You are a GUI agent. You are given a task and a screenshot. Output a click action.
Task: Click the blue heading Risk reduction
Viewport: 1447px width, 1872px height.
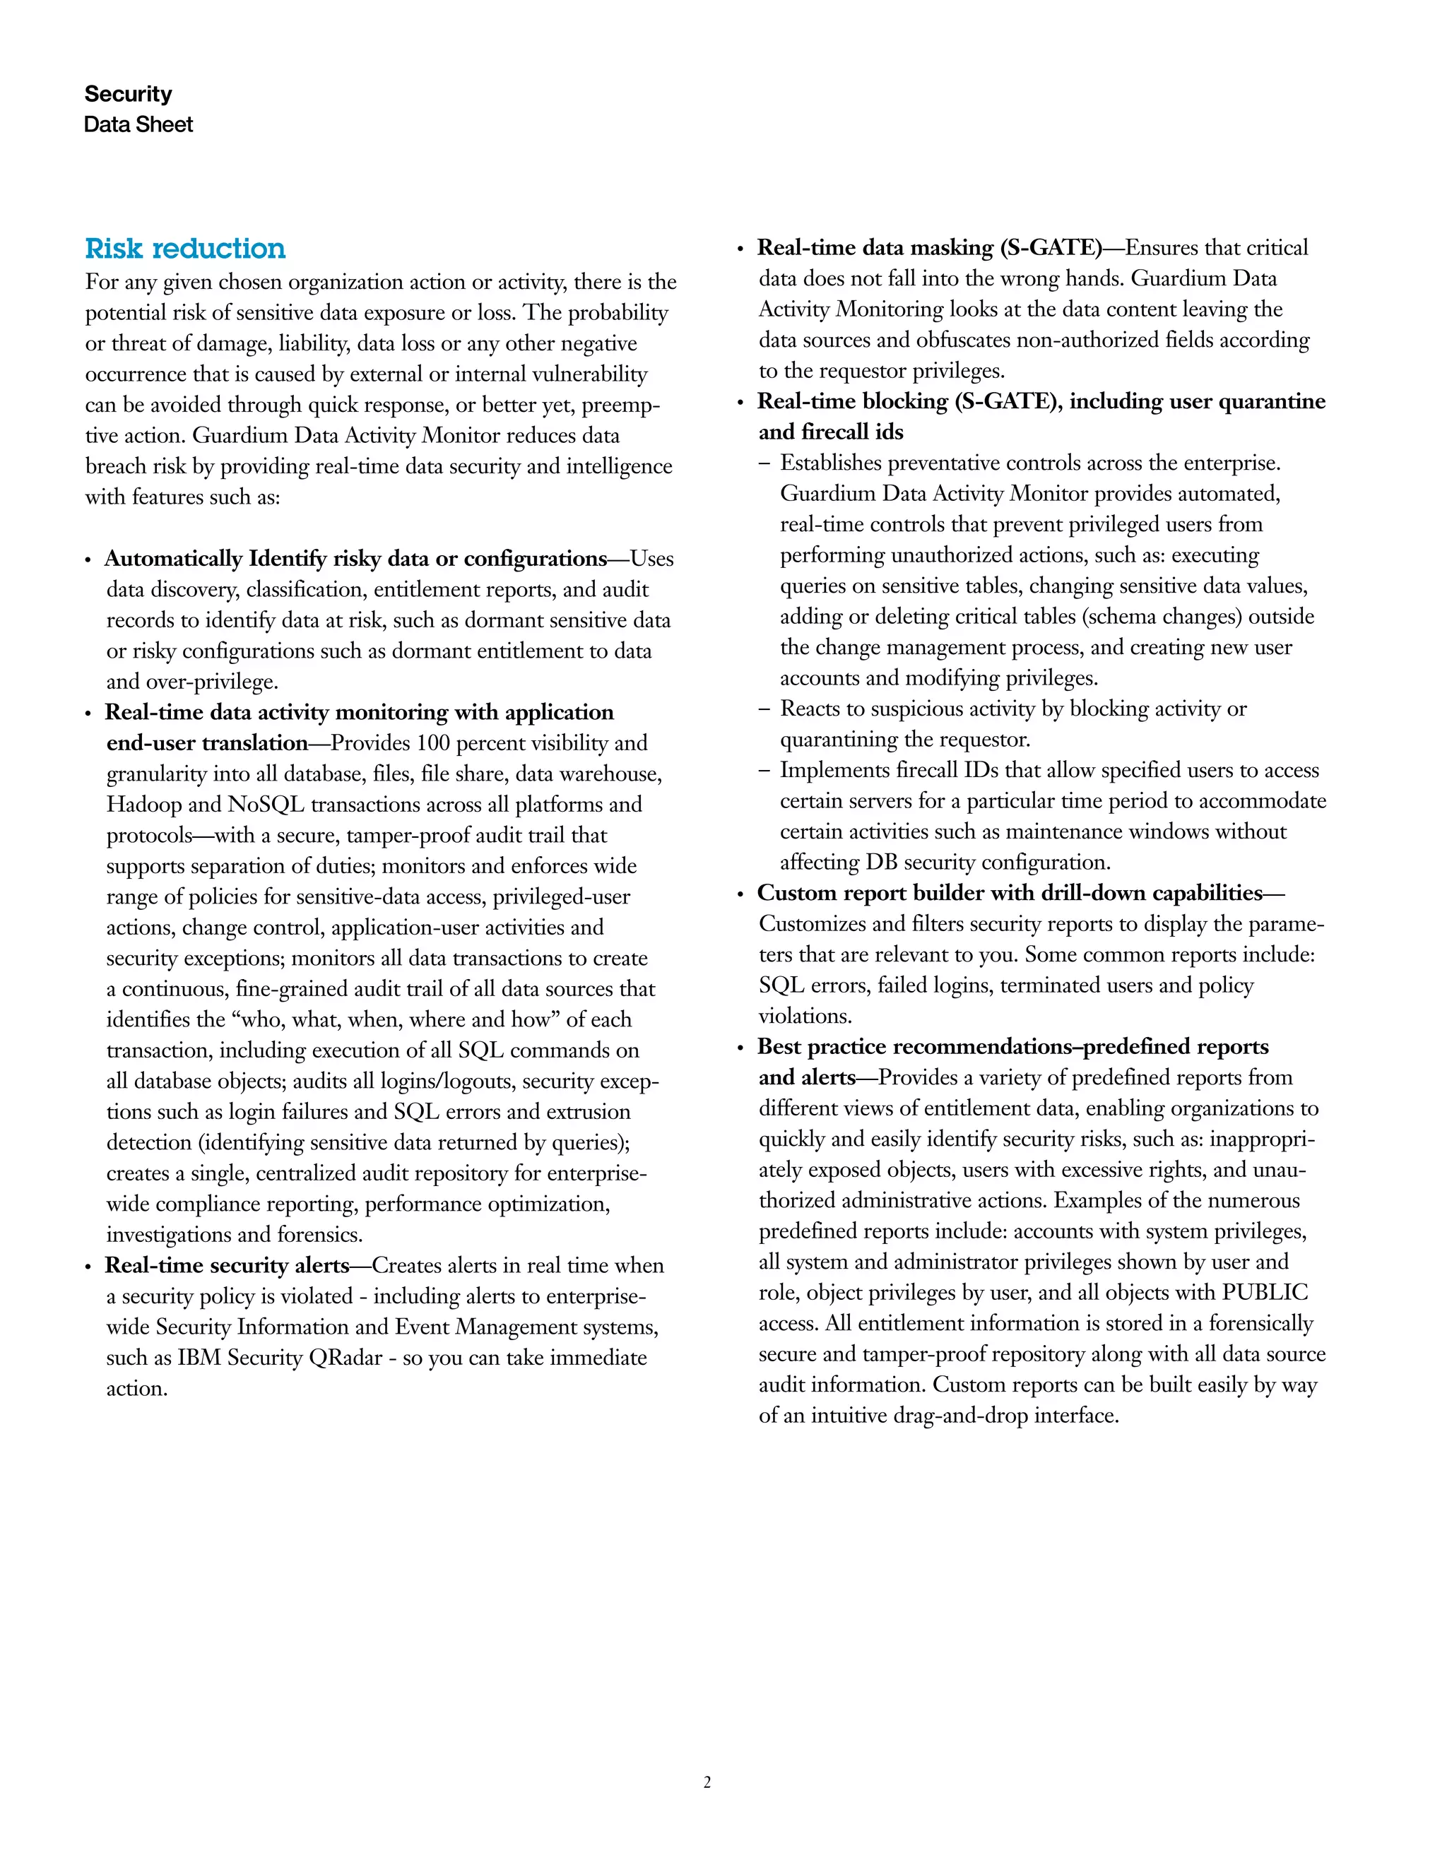pos(185,249)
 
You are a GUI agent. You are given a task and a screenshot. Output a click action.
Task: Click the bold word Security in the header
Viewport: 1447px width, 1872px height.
pos(128,93)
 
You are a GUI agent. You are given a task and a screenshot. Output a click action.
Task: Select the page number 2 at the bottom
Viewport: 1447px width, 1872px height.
pos(707,1782)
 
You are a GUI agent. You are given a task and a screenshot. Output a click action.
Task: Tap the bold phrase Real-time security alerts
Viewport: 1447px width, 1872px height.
pos(228,1266)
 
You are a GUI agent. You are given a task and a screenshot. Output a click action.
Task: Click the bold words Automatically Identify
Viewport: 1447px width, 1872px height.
pos(173,559)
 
